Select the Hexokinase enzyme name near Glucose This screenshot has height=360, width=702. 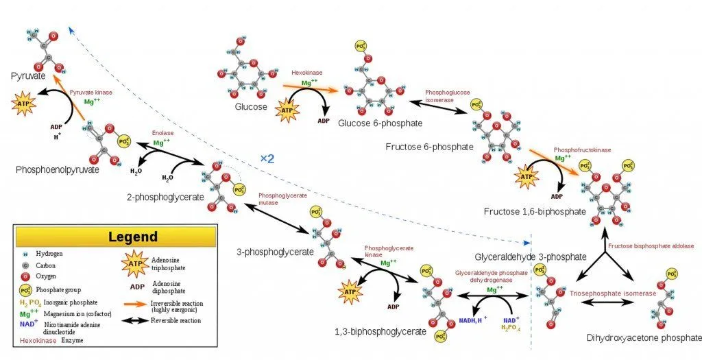pyautogui.click(x=306, y=72)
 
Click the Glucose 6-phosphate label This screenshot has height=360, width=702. pyautogui.click(x=380, y=123)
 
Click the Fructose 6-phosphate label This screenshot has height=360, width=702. pyautogui.click(x=429, y=147)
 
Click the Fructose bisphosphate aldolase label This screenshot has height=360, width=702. pyautogui.click(x=651, y=245)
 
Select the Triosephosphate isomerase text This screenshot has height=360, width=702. pyautogui.click(x=613, y=293)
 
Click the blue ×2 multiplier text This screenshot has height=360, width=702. pyautogui.click(x=267, y=158)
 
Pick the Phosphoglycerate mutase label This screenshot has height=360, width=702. pyautogui.click(x=282, y=200)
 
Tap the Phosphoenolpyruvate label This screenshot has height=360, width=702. pyautogui.click(x=58, y=169)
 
